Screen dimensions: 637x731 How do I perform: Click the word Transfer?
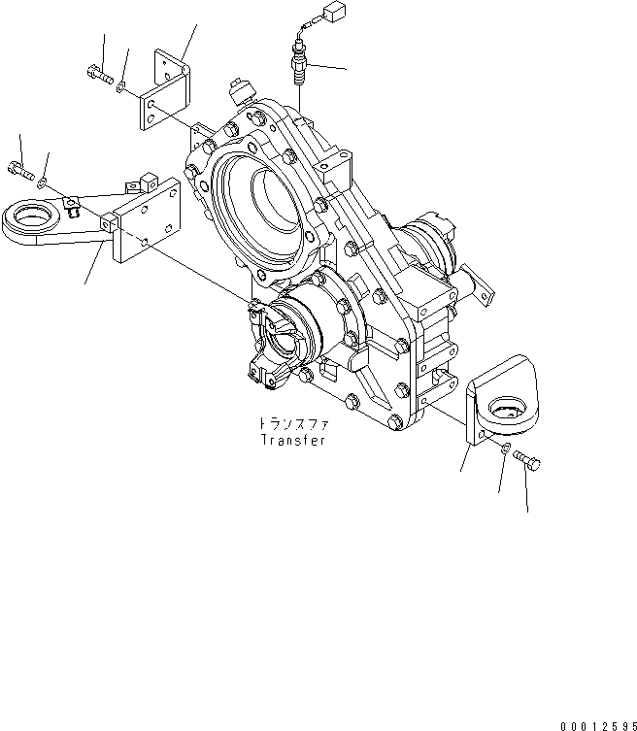pyautogui.click(x=292, y=439)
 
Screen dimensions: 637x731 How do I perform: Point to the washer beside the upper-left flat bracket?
pyautogui.click(x=118, y=86)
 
